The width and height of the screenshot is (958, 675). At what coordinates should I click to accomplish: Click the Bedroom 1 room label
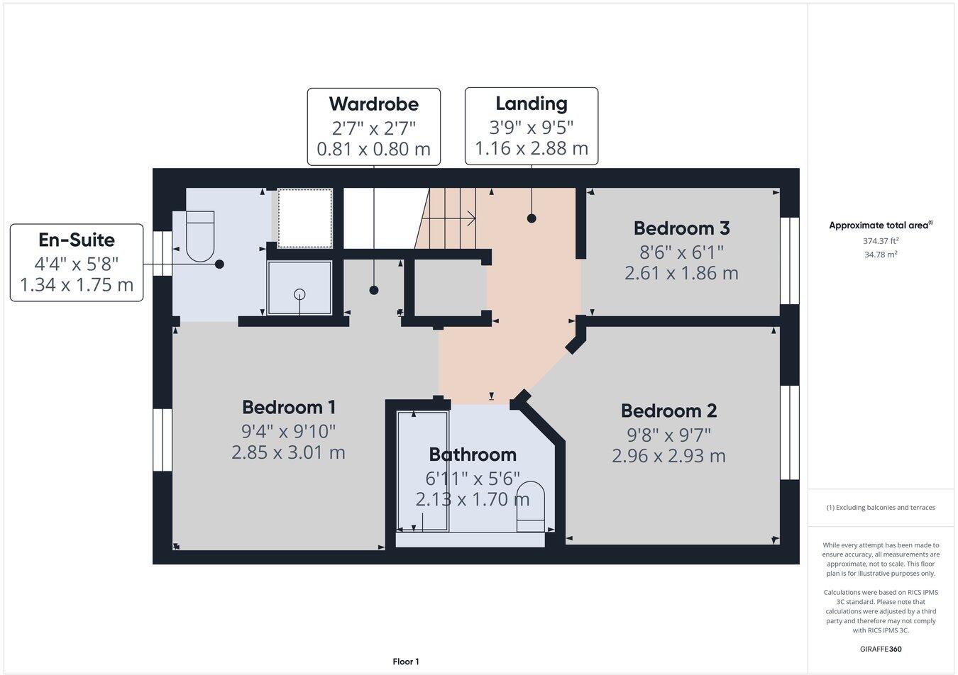(x=288, y=408)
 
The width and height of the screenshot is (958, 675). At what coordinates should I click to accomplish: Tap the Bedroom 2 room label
(x=668, y=411)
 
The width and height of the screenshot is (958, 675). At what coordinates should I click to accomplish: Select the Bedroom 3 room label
(x=681, y=228)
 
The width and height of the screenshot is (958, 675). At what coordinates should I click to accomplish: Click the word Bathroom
(x=473, y=454)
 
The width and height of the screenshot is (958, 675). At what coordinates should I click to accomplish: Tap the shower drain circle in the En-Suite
(x=299, y=294)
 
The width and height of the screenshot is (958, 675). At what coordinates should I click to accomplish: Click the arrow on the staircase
(x=468, y=218)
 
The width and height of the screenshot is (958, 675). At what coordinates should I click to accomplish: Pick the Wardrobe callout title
(x=374, y=104)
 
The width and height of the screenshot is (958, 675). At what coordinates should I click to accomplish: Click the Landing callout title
(x=532, y=104)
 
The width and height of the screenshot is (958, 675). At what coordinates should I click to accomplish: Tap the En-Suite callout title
(x=77, y=240)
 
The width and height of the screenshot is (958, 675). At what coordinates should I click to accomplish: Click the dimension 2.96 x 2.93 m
(x=668, y=456)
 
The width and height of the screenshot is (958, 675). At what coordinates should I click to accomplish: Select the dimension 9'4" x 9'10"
(x=288, y=430)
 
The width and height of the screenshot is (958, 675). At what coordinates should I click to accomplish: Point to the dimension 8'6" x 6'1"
(x=681, y=251)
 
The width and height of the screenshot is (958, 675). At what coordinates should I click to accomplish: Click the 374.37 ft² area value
(x=881, y=240)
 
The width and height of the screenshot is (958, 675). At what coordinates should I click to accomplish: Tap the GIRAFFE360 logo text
(x=881, y=649)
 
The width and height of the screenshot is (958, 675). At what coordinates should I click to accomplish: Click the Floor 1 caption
(x=406, y=662)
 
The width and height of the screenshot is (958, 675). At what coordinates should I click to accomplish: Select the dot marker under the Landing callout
(x=532, y=218)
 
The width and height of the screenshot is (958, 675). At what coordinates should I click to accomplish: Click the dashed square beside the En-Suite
(x=304, y=218)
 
